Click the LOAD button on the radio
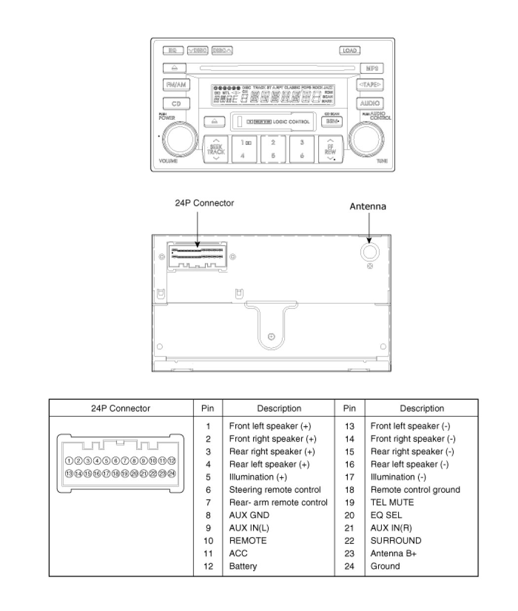[349, 50]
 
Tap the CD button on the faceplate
[176, 103]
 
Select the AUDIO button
[370, 103]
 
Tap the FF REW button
[330, 148]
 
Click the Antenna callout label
[368, 206]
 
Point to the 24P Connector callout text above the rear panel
[204, 203]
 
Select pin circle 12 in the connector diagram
[171, 461]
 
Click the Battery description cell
[243, 566]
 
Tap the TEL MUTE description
[392, 502]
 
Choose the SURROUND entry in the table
[396, 541]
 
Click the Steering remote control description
[275, 490]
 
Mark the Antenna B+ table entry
[393, 553]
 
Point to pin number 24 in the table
[349, 566]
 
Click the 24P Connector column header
[120, 408]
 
